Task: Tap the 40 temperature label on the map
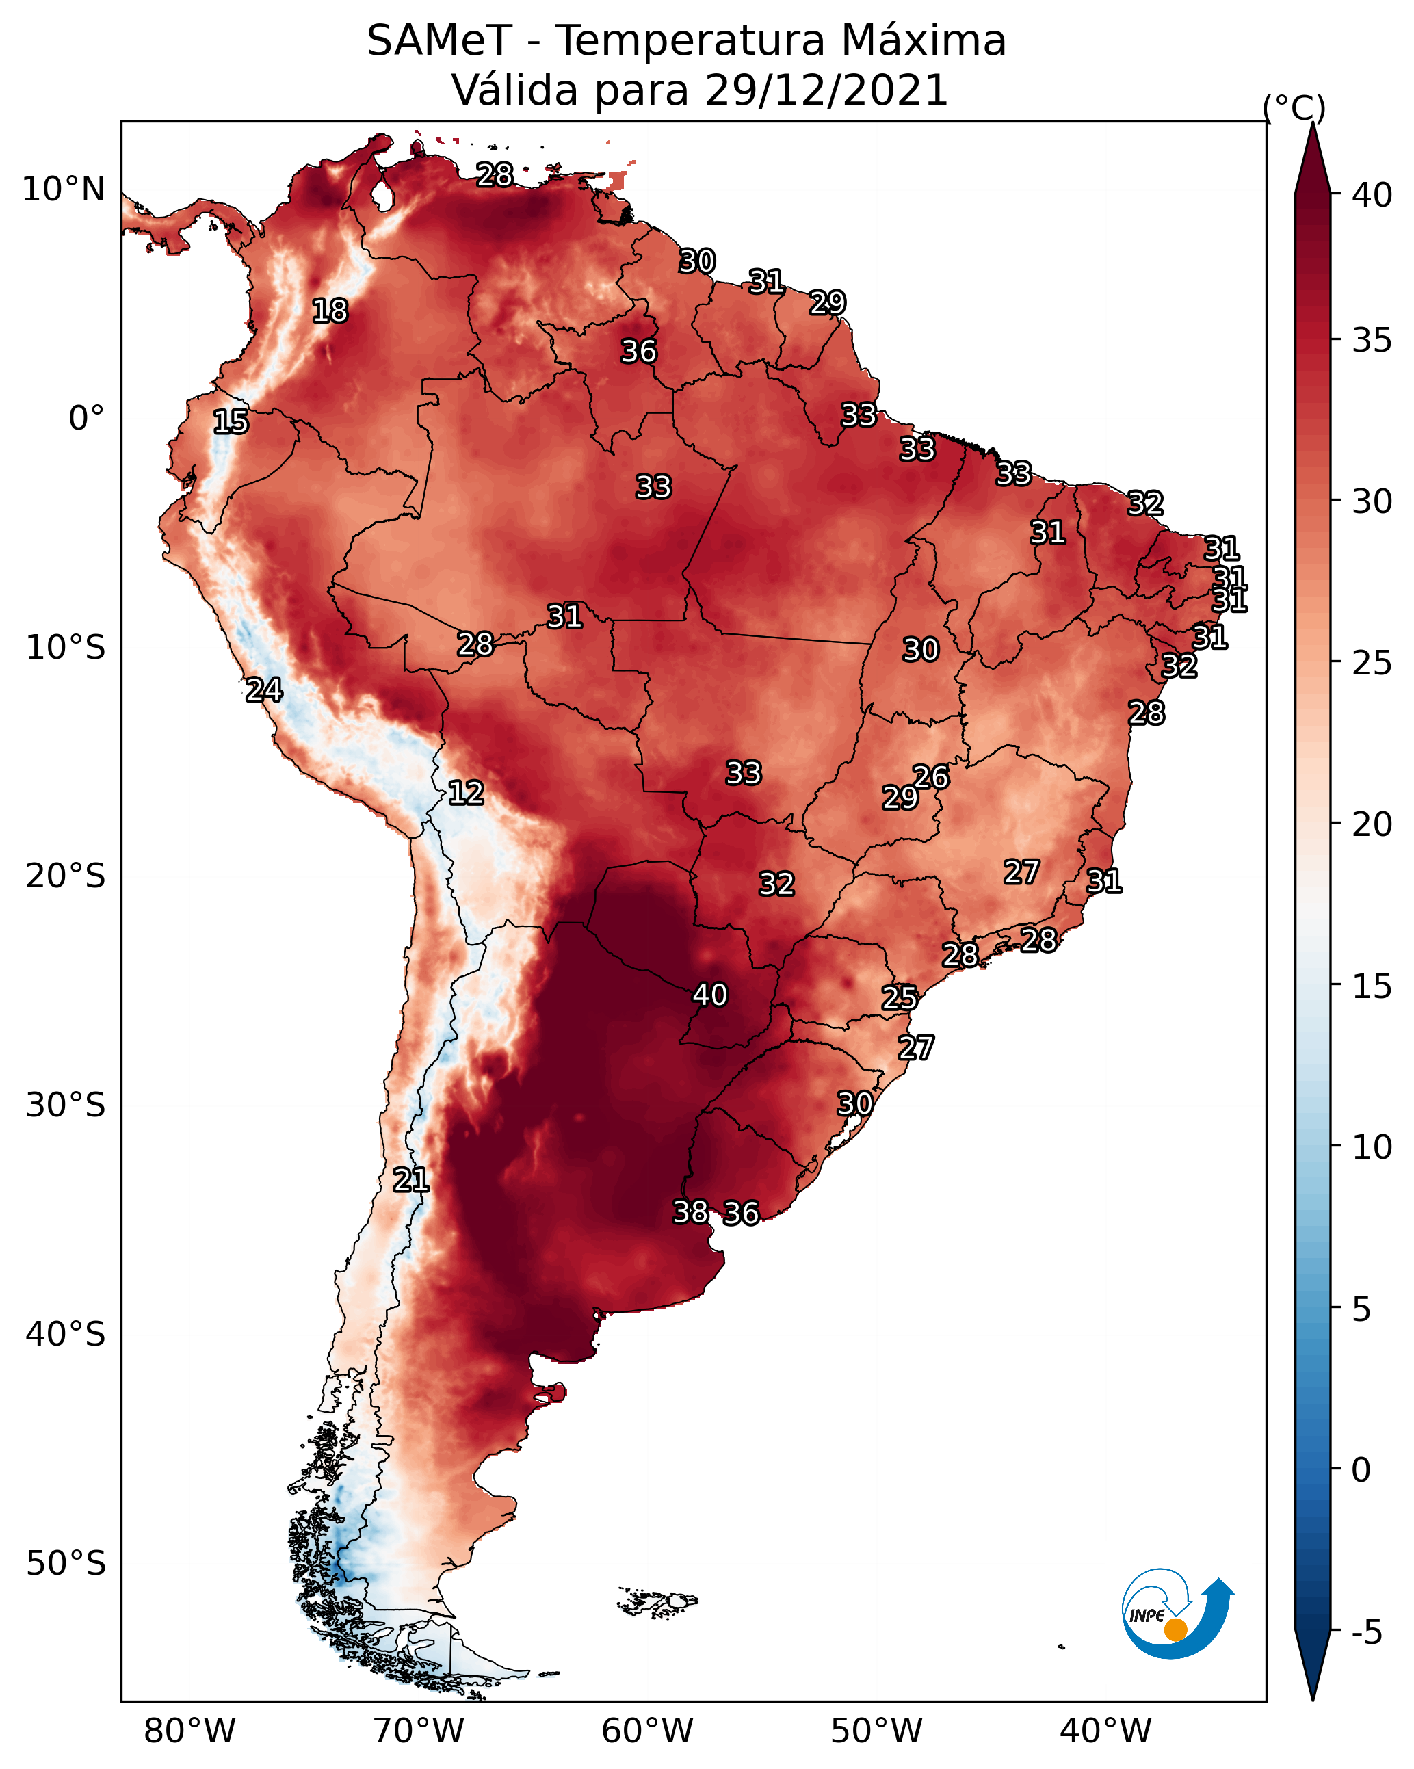coord(710,995)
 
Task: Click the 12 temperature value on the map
coord(465,793)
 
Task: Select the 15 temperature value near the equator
coord(231,422)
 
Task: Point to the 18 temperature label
coord(330,311)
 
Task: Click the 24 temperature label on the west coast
coord(264,690)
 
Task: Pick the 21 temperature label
coord(410,1180)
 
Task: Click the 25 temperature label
coord(900,998)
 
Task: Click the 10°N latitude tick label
coord(63,189)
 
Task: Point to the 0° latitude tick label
coord(86,419)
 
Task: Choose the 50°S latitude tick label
coord(66,1562)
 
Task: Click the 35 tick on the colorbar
coord(1372,339)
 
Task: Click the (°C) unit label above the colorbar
coord(1294,107)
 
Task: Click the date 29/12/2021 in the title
coord(826,90)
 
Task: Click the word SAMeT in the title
coord(440,41)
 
